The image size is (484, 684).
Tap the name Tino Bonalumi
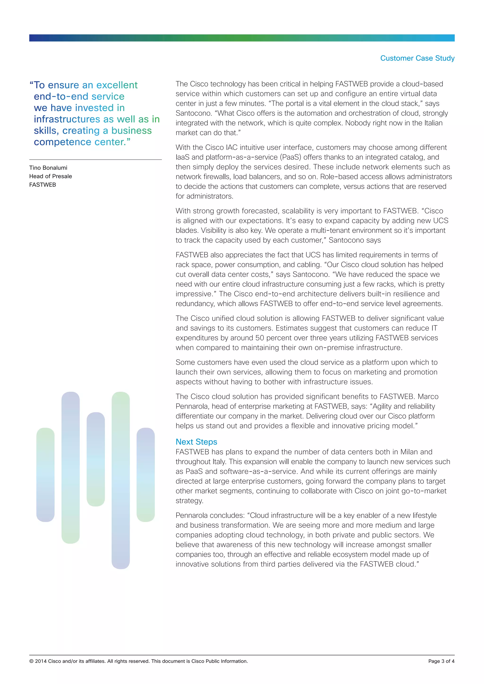(48, 168)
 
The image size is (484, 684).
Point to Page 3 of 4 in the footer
(441, 661)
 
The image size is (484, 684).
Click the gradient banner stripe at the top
(242, 38)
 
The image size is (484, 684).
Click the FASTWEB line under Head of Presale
(43, 185)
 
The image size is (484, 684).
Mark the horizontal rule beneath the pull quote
(95, 160)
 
